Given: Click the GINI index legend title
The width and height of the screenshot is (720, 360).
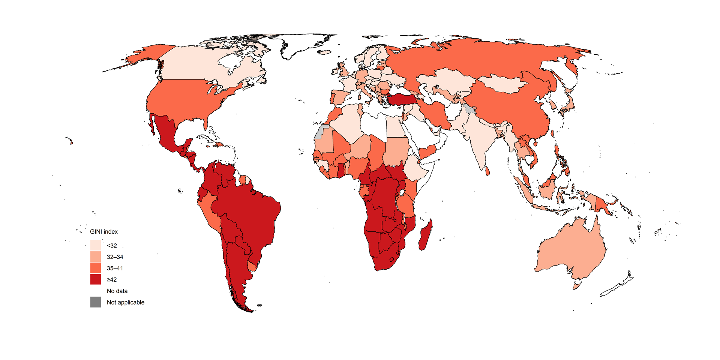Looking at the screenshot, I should tap(104, 232).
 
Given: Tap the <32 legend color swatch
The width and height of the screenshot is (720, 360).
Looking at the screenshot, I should tap(96, 245).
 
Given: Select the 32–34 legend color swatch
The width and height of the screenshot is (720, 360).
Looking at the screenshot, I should tap(96, 257).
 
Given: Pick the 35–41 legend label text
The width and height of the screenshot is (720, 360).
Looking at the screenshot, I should tap(115, 268).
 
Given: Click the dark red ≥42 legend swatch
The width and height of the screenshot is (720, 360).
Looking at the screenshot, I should tap(96, 279).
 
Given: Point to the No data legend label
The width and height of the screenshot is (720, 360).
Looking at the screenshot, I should tap(117, 291).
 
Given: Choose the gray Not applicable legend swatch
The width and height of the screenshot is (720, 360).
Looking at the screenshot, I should tap(96, 302).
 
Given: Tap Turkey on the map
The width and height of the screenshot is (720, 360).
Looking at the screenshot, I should tap(403, 99).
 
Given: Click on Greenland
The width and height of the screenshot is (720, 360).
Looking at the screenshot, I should tap(304, 45).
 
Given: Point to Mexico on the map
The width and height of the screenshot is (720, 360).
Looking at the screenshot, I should tap(165, 131).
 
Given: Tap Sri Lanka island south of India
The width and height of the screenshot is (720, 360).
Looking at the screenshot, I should tap(487, 171).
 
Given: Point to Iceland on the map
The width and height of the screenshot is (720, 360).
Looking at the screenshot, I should tap(325, 52).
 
